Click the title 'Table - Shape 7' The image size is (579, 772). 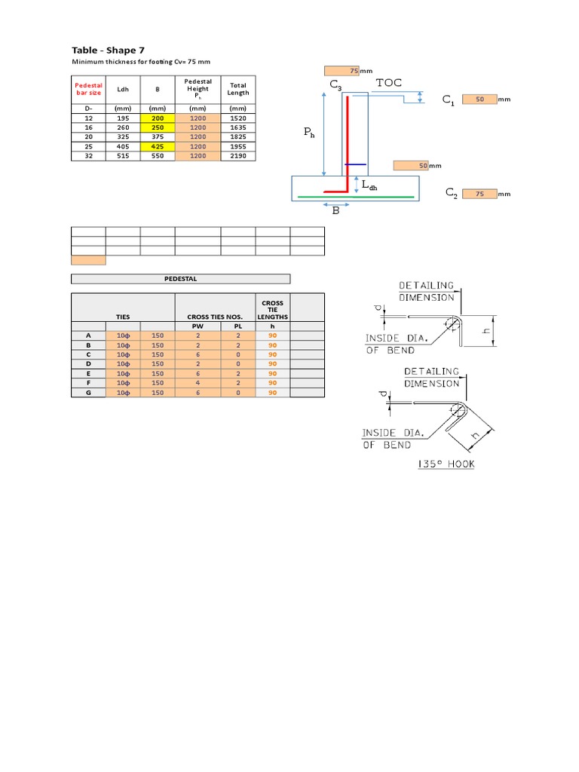[108, 50]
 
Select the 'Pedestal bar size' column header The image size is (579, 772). [88, 89]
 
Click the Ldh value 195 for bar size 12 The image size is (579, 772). [123, 118]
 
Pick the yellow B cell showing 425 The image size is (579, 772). [158, 146]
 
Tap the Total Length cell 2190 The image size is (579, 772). [238, 155]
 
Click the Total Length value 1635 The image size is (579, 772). [238, 127]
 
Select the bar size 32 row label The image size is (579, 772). [88, 155]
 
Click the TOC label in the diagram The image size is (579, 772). [388, 83]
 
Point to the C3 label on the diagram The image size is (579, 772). [335, 88]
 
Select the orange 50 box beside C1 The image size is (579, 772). [479, 99]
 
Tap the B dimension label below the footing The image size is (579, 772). [336, 210]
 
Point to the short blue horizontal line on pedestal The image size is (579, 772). [355, 164]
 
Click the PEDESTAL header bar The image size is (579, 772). [180, 278]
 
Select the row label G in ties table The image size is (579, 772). [88, 392]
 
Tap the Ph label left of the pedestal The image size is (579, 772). [309, 132]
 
